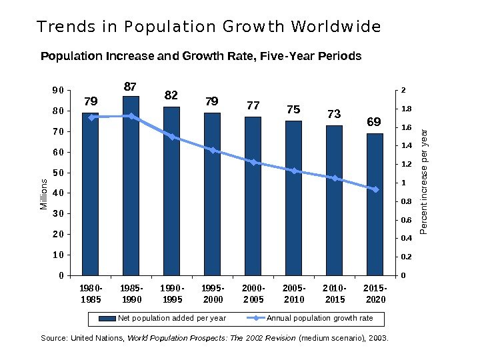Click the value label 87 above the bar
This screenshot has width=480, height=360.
pos(131,87)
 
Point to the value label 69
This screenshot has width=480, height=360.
pos(375,123)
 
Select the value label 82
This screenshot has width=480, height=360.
pos(172,96)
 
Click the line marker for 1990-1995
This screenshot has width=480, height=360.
pos(172,137)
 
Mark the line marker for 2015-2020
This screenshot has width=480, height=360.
pos(375,189)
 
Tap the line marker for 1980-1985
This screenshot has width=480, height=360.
pos(91,117)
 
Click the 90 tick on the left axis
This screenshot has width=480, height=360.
pos(57,90)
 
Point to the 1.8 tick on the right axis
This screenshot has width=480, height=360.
pos(407,109)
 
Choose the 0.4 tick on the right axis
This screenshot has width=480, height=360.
pos(407,238)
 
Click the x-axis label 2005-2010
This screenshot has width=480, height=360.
pos(293,294)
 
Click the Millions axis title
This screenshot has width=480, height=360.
pos(43,194)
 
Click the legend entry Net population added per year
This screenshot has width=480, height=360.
pos(163,318)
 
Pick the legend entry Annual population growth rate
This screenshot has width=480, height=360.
pos(313,318)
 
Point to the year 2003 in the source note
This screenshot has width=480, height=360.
pos(378,339)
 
